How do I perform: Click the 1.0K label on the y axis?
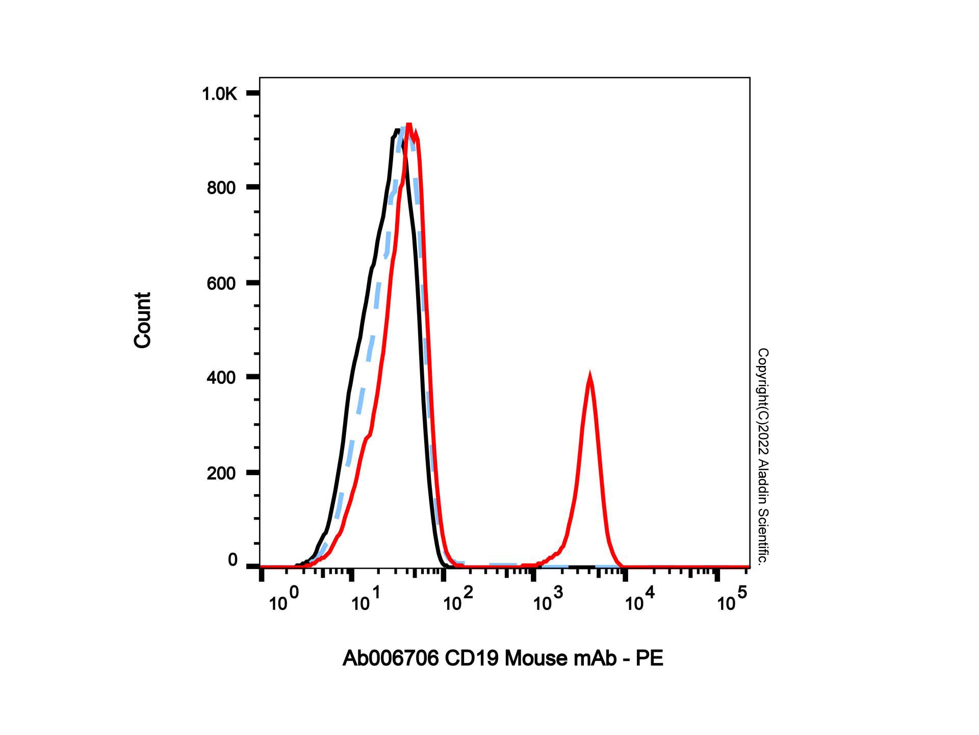coord(219,94)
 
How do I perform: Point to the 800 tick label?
coord(221,188)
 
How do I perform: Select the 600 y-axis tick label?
coord(221,284)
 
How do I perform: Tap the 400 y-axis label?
coord(221,378)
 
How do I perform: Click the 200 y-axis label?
coord(221,474)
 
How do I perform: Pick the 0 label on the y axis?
coord(233,560)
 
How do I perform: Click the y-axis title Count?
coord(143,321)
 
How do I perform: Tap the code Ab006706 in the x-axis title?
coord(391,659)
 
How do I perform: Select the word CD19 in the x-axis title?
coord(472,659)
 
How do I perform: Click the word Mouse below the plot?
coord(536,659)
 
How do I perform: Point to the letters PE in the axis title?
coord(650,659)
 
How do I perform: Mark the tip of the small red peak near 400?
coord(590,376)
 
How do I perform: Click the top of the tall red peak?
coord(408,124)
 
